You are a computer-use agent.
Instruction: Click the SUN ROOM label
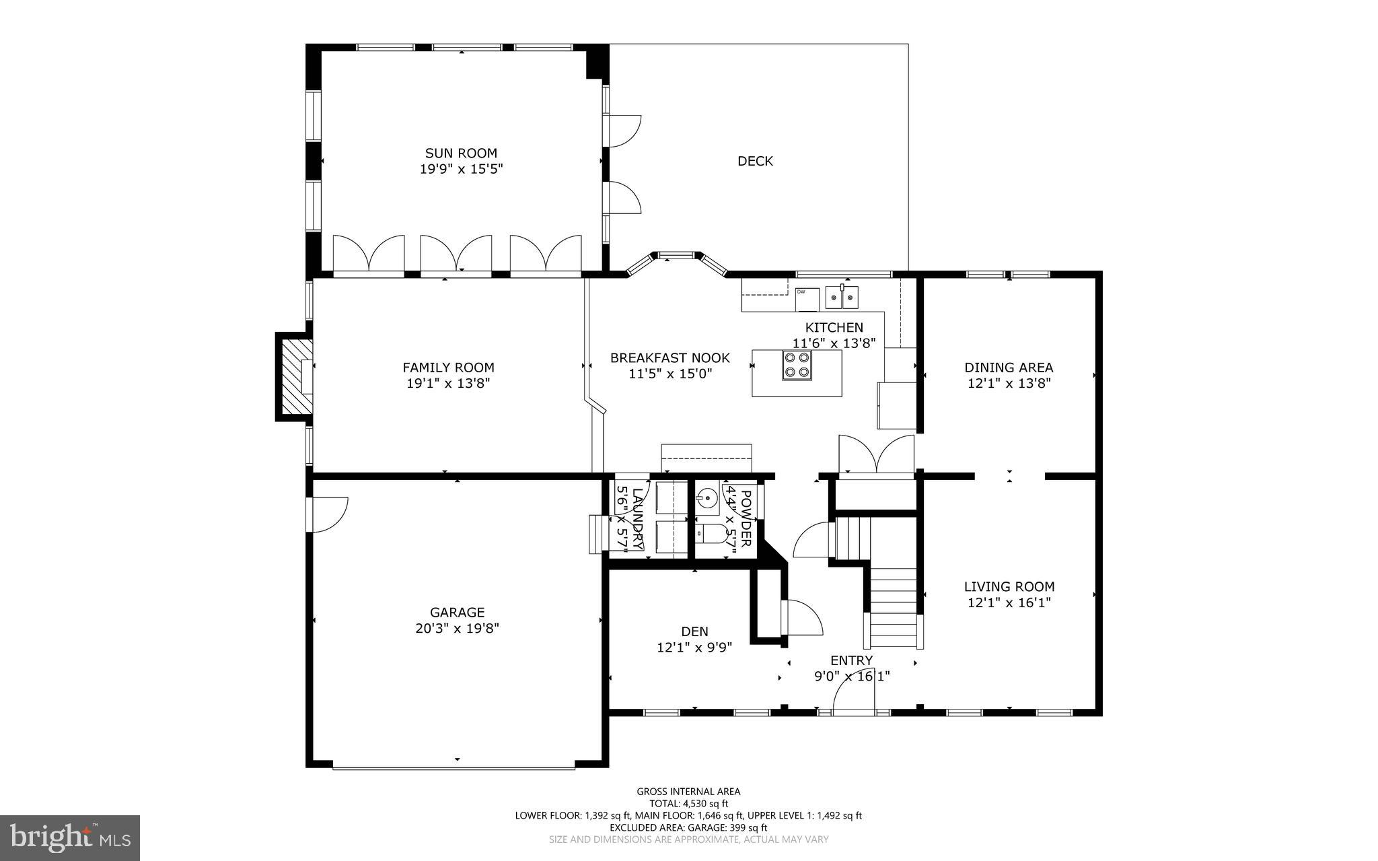461,153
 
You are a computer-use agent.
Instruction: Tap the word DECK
755,161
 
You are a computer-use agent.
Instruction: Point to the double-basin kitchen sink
842,296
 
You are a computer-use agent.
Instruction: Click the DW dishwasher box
807,299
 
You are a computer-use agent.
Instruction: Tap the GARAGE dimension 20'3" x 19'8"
457,629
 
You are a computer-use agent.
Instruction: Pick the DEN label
694,631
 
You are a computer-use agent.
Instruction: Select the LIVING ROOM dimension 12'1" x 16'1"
1009,603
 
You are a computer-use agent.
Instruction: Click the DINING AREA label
1009,368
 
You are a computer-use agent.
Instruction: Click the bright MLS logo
70,837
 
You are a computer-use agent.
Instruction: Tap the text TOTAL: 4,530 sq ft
688,804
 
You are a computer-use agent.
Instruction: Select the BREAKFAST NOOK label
669,358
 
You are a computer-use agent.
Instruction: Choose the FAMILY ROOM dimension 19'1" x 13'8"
448,384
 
